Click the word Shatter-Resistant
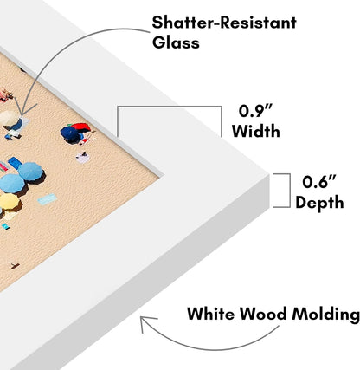224,23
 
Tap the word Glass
176,42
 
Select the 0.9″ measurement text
255,111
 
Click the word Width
256,131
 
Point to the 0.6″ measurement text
319,182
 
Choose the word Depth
319,203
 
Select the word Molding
325,315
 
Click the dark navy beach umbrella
69,134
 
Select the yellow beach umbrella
10,201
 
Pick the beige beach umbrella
9,118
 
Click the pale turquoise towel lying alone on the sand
48,199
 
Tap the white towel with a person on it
82,158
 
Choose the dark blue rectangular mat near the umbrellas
15,163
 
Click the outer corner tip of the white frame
269,174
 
